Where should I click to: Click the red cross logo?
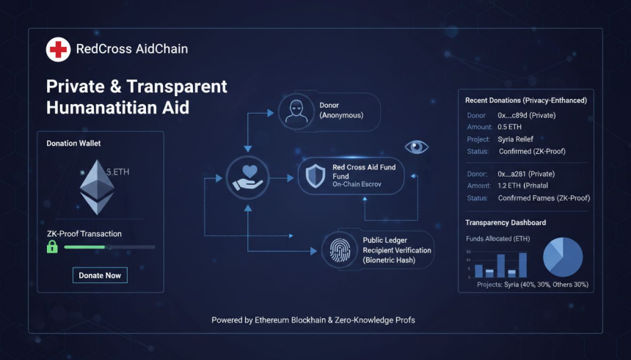[58, 50]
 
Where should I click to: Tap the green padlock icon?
[52, 247]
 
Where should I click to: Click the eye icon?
[416, 147]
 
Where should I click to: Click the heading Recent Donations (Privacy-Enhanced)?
[526, 100]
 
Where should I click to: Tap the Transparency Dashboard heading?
[506, 223]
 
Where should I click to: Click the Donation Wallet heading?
[73, 143]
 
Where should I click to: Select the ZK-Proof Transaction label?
[84, 234]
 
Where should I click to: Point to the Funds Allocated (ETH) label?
[498, 239]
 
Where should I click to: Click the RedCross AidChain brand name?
[132, 50]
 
